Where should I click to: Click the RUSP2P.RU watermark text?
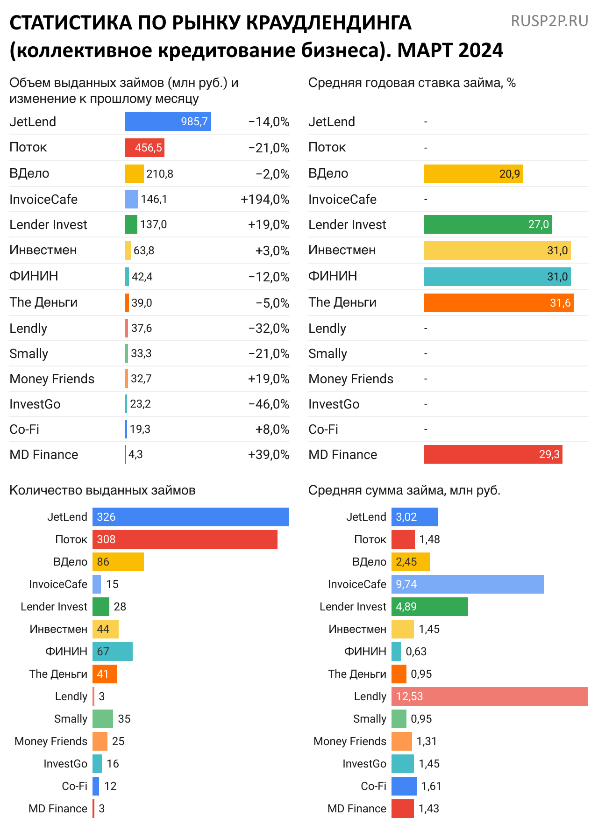pos(549,21)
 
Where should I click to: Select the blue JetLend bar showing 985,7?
pos(168,122)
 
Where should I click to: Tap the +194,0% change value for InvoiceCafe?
pos(265,200)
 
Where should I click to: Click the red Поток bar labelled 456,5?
pos(144,148)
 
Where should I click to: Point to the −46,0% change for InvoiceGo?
pos(269,404)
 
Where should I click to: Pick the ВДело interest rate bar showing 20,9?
pos(473,174)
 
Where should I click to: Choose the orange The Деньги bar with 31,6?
pos(498,303)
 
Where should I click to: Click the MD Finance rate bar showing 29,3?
pos(493,454)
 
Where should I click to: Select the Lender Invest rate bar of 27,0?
pos(488,224)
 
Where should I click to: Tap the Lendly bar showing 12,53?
pos(489,696)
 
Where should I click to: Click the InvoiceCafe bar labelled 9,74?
pos(467,584)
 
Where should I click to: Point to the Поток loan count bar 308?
pos(185,539)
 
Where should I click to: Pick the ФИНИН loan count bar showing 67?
pos(112,652)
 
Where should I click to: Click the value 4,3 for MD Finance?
pos(135,455)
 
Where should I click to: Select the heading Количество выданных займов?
pos(102,490)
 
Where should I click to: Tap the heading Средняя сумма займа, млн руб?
pos(404,490)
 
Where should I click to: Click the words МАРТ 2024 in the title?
pos(450,50)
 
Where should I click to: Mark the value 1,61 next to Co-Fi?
pos(431,786)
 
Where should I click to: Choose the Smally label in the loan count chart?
pos(71,719)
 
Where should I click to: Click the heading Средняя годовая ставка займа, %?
pos(412,83)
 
